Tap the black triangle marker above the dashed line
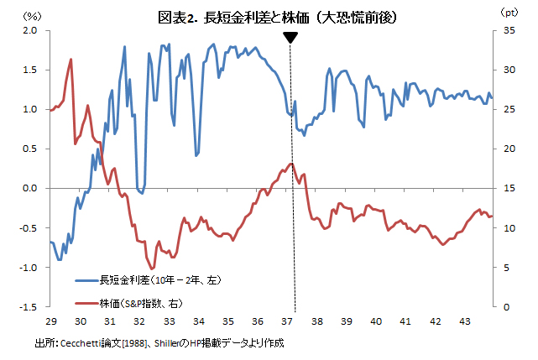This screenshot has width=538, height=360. pyautogui.click(x=290, y=38)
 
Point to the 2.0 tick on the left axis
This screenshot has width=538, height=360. pyautogui.click(x=31, y=30)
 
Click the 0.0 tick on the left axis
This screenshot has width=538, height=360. pyautogui.click(x=31, y=189)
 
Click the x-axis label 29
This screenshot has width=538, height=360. pyautogui.click(x=50, y=321)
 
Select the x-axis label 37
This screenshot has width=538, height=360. pyautogui.click(x=287, y=321)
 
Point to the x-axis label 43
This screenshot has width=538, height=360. pyautogui.click(x=464, y=321)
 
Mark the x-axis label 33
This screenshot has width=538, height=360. pyautogui.click(x=169, y=321)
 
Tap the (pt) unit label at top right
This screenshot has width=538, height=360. pyautogui.click(x=509, y=13)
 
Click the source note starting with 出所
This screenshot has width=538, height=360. pyautogui.click(x=159, y=343)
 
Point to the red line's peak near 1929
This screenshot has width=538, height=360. pyautogui.click(x=71, y=60)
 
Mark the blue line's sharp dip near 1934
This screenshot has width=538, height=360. pyautogui.click(x=196, y=155)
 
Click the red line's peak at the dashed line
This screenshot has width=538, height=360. pyautogui.click(x=290, y=164)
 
